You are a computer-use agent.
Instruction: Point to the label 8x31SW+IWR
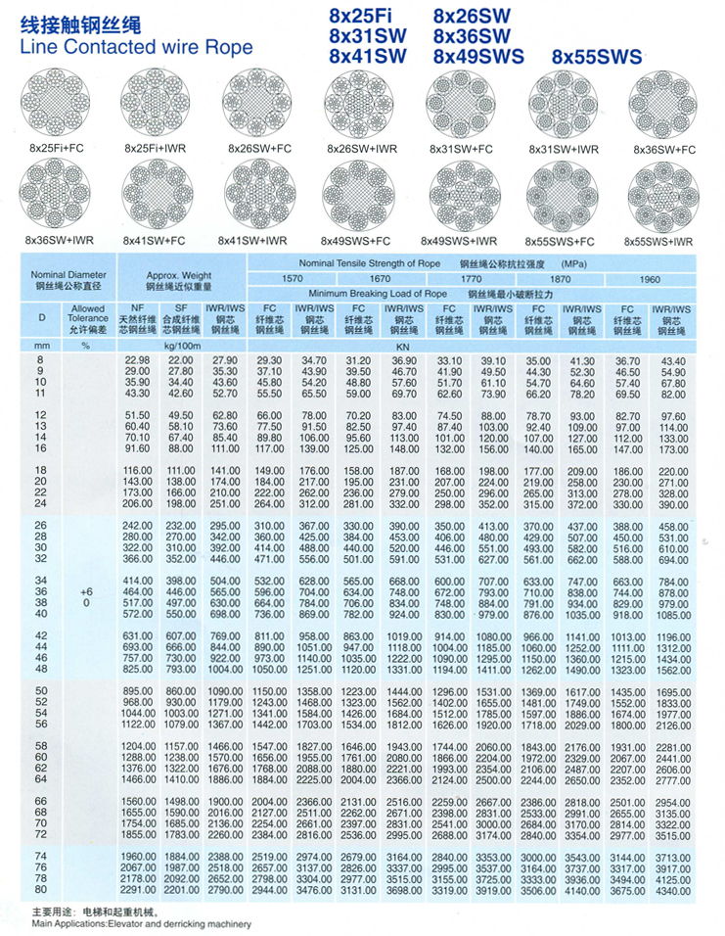tap(563, 149)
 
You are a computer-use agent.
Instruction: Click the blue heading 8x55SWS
tap(597, 58)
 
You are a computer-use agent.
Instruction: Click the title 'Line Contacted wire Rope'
tap(136, 47)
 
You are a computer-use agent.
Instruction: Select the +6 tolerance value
tap(87, 592)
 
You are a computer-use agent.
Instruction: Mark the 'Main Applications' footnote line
tap(128, 923)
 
